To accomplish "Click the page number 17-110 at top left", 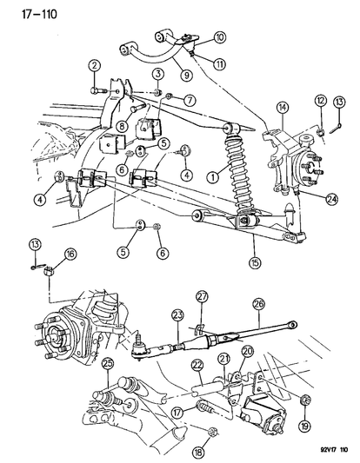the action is point(39,14).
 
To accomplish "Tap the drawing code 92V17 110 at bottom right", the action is point(334,450).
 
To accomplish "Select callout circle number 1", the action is point(214,177).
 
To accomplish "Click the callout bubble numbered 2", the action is point(94,66).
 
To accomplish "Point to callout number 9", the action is point(187,75).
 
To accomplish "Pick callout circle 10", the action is point(220,37).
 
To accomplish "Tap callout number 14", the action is point(283,109).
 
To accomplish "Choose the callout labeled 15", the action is point(255,262).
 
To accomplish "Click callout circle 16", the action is point(70,255).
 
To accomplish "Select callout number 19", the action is point(304,426).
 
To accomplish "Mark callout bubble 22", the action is point(197,366).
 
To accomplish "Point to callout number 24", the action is point(332,200).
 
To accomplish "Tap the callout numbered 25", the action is point(108,365).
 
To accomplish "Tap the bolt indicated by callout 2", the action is point(98,90).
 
